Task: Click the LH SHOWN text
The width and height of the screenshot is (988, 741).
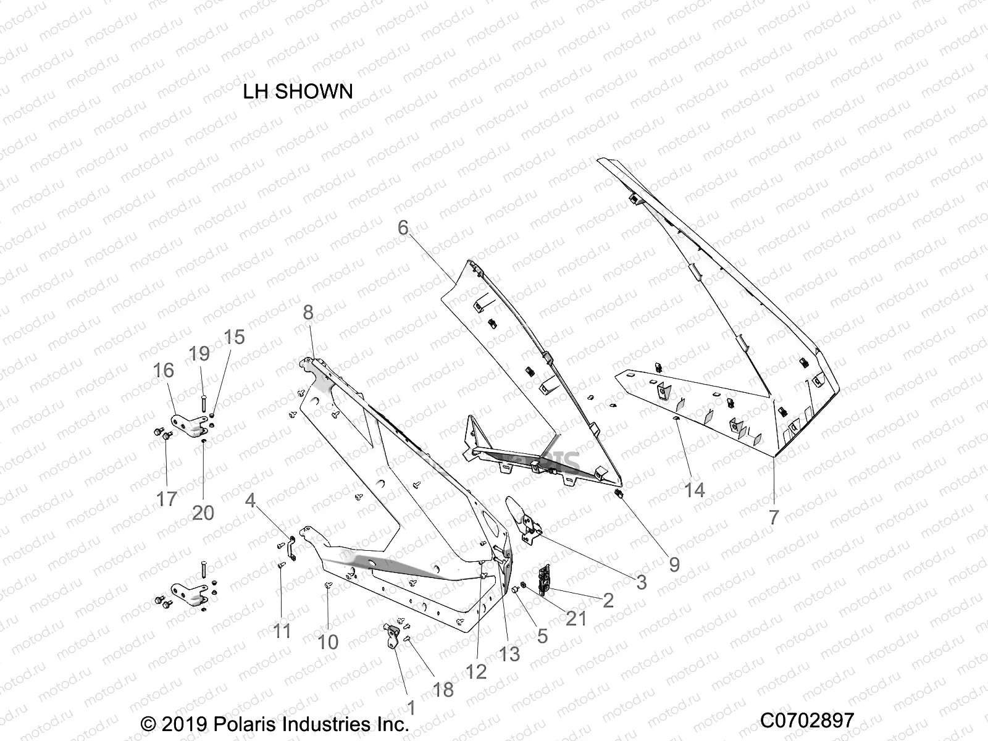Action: point(298,91)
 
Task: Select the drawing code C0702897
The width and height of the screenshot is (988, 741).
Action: point(806,720)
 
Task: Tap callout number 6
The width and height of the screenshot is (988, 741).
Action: point(403,228)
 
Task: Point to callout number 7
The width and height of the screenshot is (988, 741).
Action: point(774,517)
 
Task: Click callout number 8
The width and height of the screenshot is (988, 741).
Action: point(308,312)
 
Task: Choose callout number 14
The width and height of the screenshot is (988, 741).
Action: point(694,490)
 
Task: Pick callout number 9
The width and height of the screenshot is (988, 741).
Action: point(674,564)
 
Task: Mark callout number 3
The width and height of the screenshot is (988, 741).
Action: point(641,581)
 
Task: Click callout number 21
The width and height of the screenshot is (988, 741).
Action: point(576,617)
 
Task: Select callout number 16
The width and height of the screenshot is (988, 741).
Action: point(164,371)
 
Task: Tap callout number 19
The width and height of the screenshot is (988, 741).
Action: point(199,354)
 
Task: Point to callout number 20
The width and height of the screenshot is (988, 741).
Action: point(203,512)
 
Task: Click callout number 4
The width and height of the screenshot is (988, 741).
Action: point(249,500)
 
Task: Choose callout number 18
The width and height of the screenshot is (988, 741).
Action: point(443,690)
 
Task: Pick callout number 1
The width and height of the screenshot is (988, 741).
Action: point(411,707)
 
